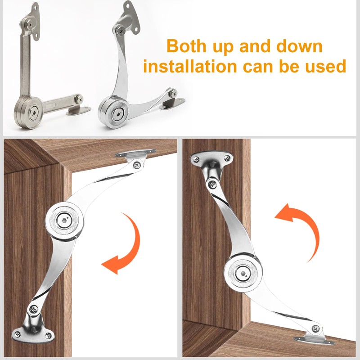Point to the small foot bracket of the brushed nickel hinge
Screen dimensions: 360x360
(78, 109)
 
